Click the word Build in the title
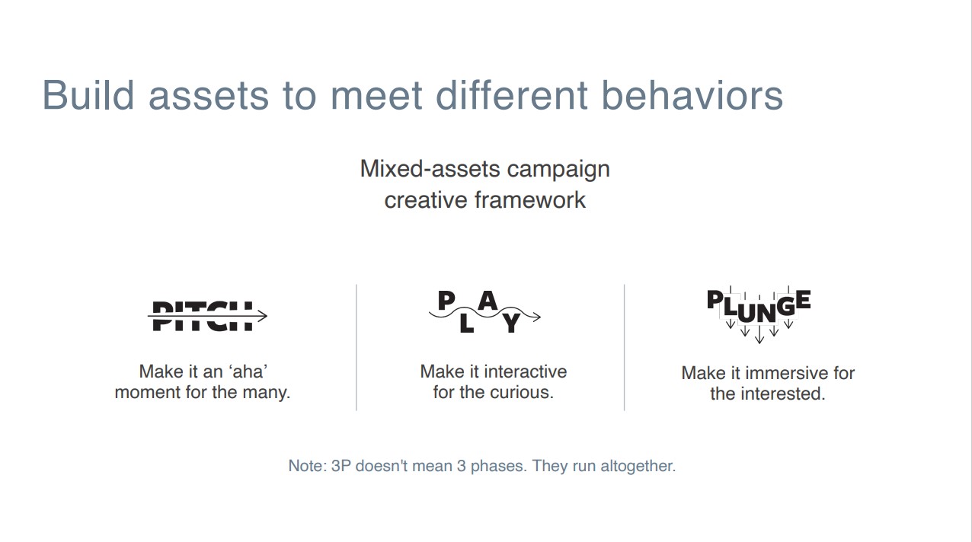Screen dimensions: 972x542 (x=88, y=95)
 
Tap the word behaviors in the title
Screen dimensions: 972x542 (x=692, y=95)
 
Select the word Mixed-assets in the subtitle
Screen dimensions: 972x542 (x=430, y=169)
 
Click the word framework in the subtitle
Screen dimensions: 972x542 (x=530, y=200)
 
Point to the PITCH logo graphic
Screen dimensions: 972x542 (x=207, y=316)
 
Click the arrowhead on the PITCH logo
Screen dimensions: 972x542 (x=261, y=316)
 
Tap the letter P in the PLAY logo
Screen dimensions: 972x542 (x=446, y=301)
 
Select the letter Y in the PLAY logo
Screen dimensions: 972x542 (x=512, y=323)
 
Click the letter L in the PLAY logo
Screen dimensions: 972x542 (x=466, y=323)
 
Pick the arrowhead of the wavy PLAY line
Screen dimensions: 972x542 (x=537, y=317)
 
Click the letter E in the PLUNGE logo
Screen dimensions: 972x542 (x=803, y=299)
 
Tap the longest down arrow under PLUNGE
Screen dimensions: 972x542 (x=759, y=334)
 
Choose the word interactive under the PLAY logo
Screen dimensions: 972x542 (x=525, y=371)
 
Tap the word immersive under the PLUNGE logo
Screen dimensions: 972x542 (x=781, y=373)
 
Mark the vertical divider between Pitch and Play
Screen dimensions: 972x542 (x=357, y=347)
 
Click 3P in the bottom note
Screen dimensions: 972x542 (x=341, y=466)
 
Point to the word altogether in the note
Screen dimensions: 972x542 (x=638, y=466)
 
